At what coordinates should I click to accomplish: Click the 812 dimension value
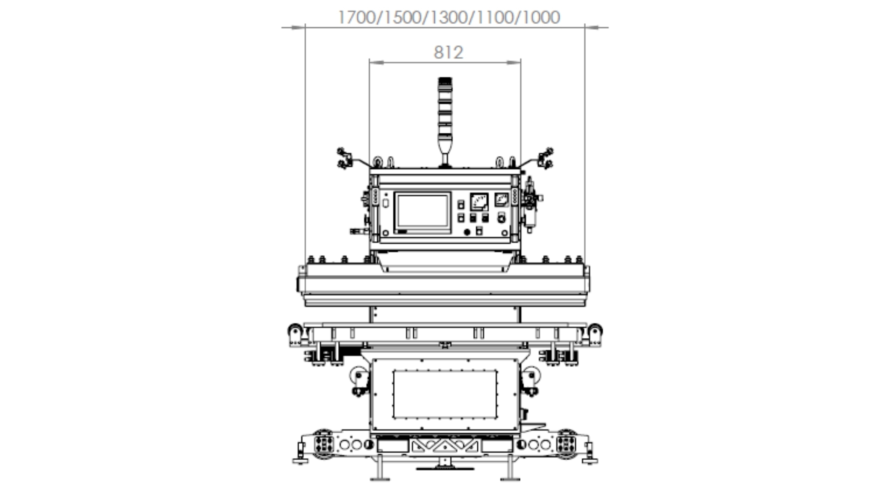(x=448, y=52)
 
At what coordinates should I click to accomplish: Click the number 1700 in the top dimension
(x=356, y=17)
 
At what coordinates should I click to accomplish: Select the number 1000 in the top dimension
(x=541, y=17)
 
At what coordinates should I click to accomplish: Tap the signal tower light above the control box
(x=445, y=121)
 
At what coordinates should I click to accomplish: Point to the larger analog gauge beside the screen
(x=479, y=202)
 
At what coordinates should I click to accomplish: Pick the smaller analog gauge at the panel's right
(x=501, y=199)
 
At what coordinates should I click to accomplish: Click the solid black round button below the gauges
(x=467, y=232)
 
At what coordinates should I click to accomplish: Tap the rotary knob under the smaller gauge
(x=501, y=218)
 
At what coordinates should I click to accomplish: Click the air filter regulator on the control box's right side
(x=531, y=204)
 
